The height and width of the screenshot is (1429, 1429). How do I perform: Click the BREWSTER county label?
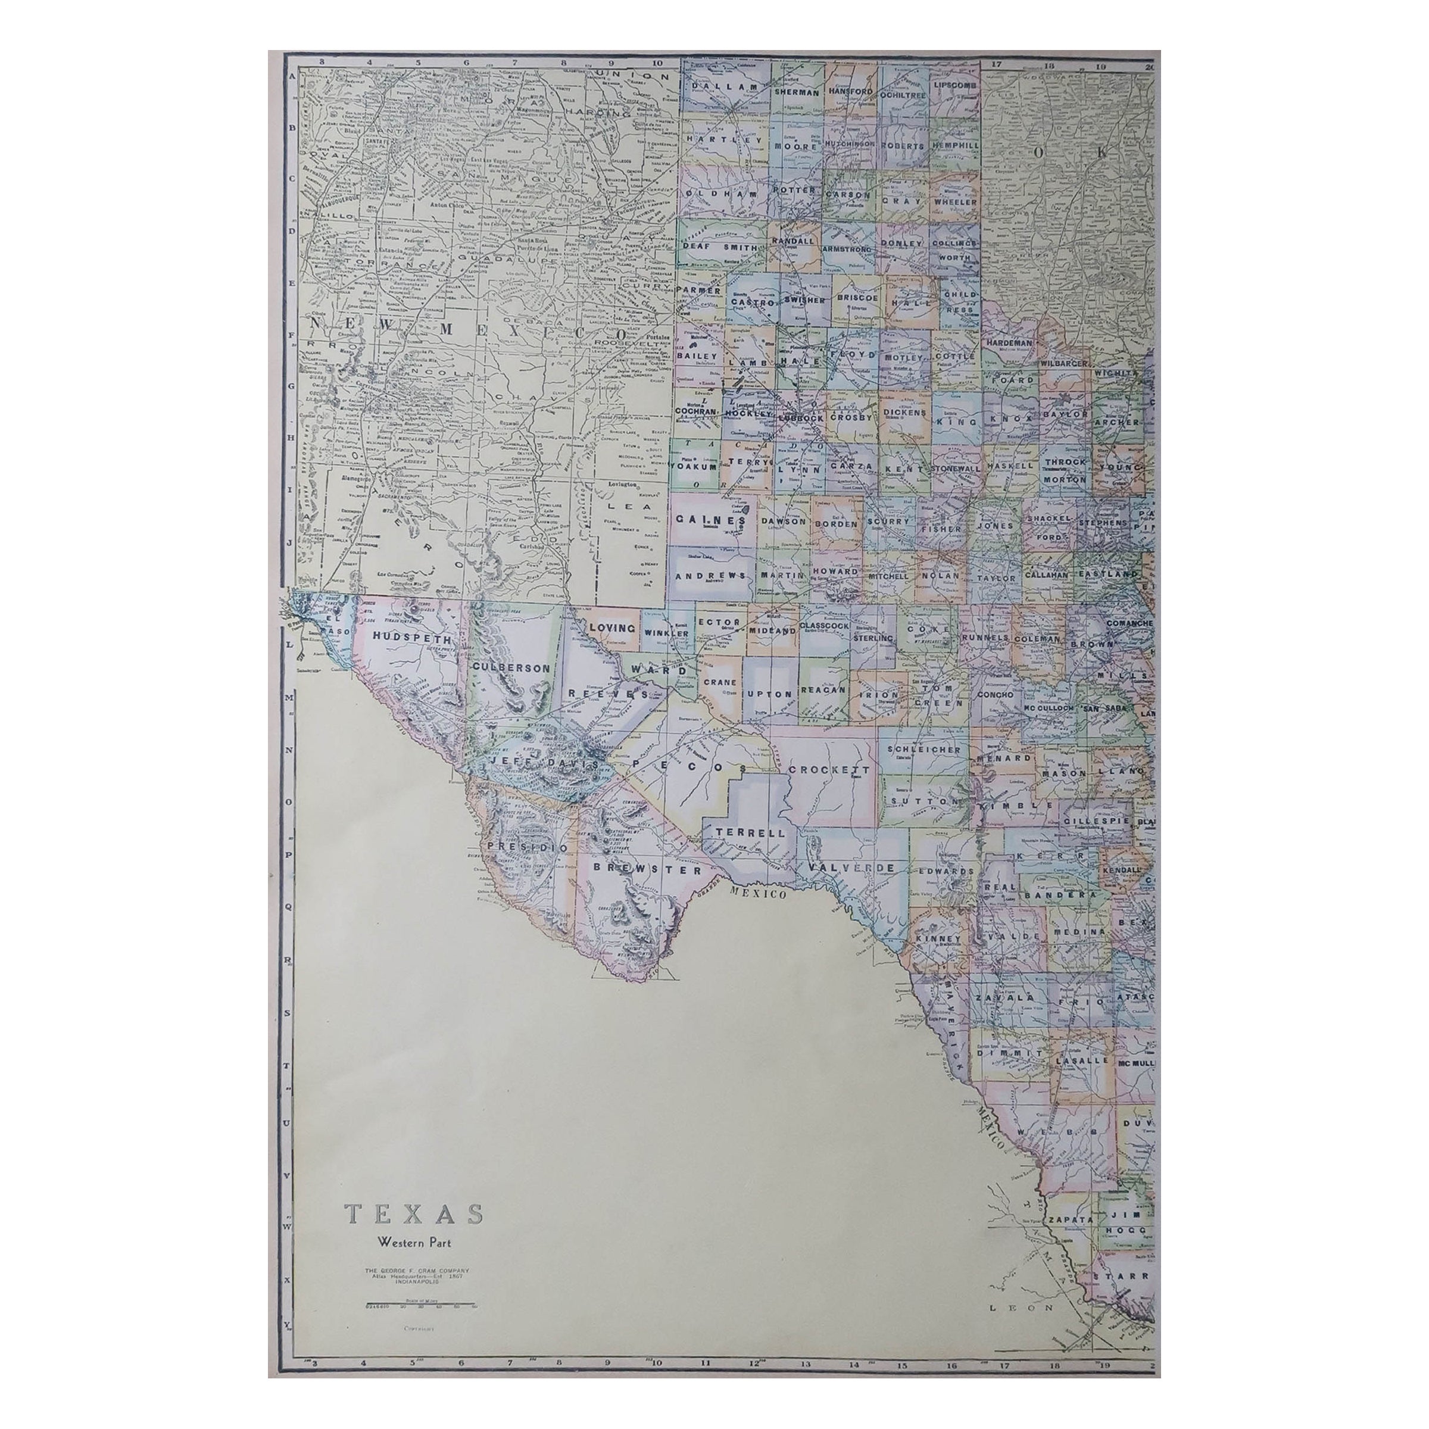tap(641, 870)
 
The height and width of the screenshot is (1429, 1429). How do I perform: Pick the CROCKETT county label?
tap(828, 769)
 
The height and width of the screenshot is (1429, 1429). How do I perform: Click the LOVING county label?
tap(611, 628)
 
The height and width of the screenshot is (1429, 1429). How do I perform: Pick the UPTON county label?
tap(770, 694)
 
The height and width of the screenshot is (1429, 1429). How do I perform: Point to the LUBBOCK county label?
tap(801, 417)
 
